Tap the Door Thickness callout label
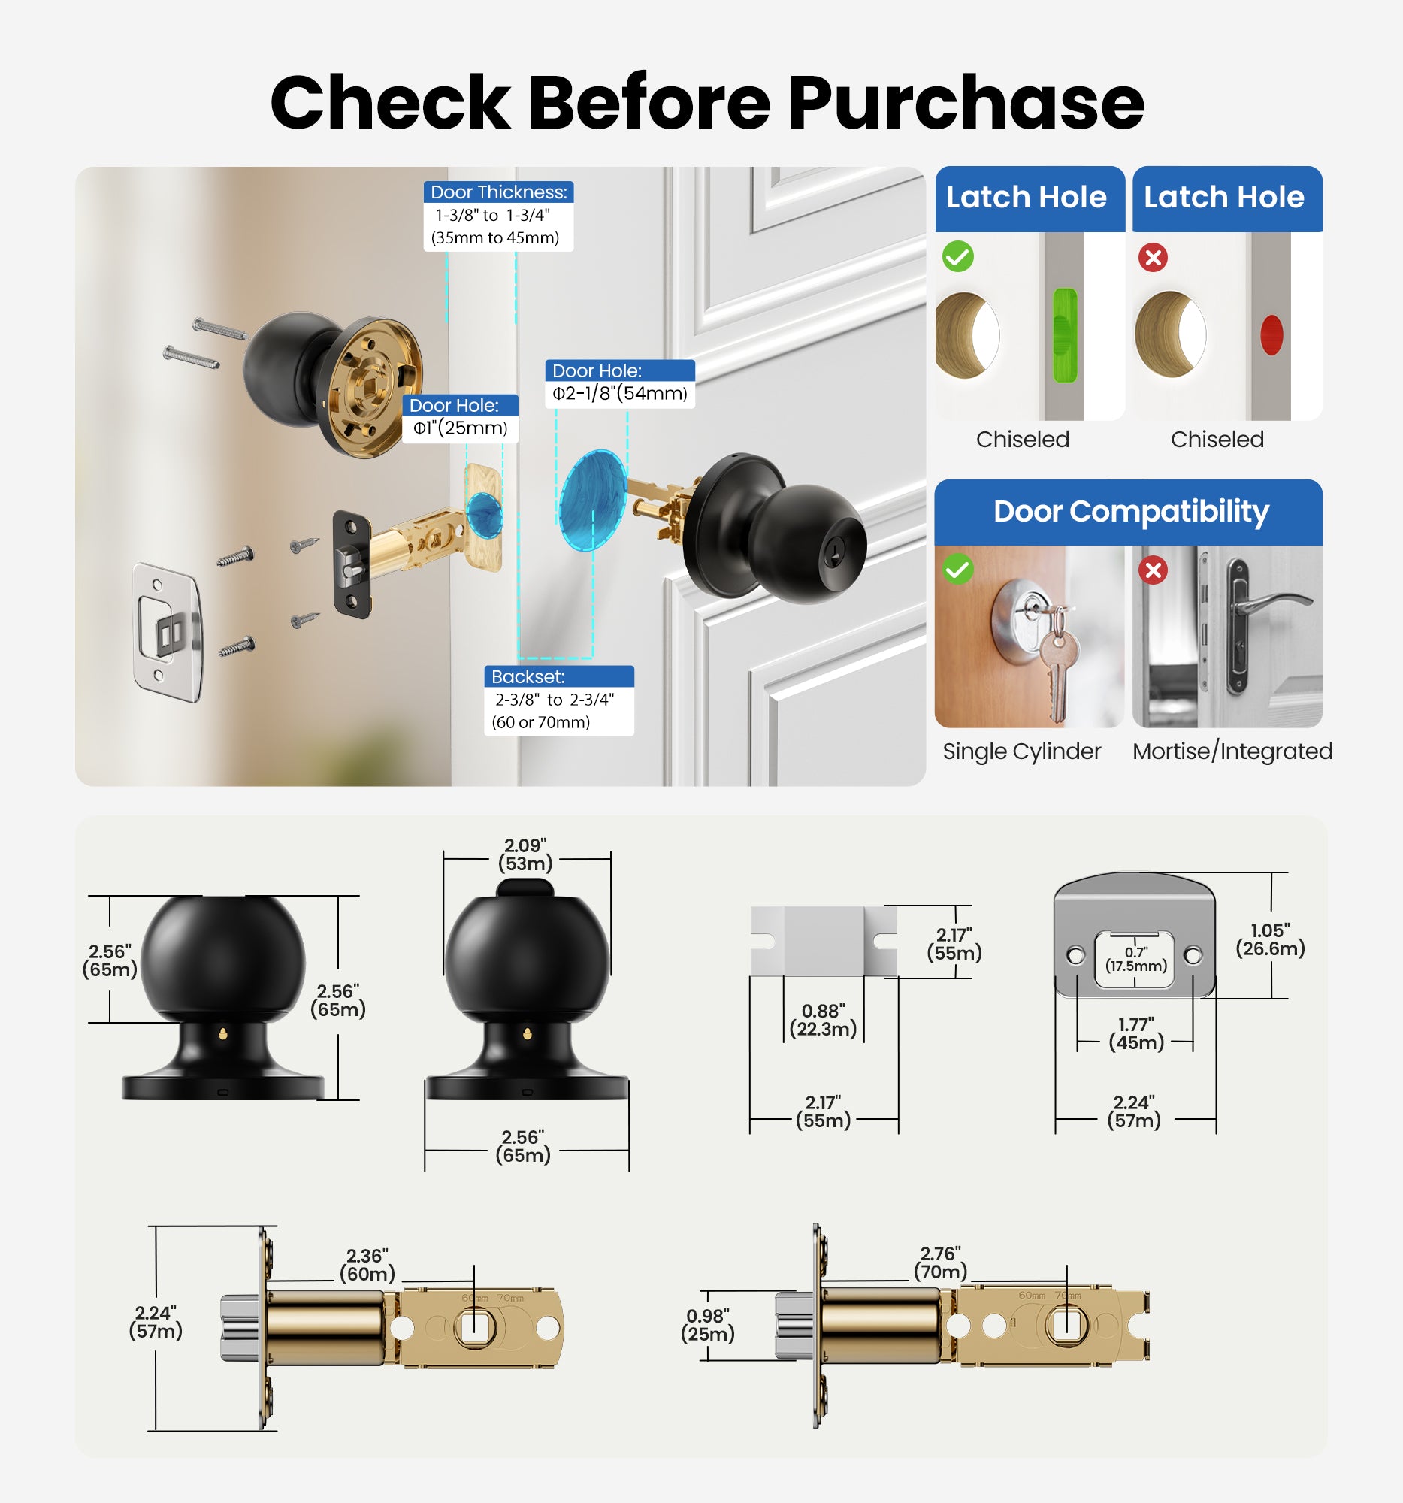coord(498,193)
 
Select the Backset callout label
coord(528,676)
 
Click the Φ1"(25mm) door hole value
coord(460,428)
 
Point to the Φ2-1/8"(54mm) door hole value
coord(619,394)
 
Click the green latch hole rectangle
coord(1064,334)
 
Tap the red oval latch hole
coord(1271,335)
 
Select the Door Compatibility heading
coord(1130,512)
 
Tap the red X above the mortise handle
coord(1153,570)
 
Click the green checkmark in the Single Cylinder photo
coord(957,569)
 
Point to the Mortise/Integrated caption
coord(1232,751)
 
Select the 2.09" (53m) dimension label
coord(525,855)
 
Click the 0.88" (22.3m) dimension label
coord(822,1021)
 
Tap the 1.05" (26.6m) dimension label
coord(1270,940)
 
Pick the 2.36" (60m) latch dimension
coord(367,1266)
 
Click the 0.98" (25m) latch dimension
coord(708,1326)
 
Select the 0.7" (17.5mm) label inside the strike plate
coord(1135,960)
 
